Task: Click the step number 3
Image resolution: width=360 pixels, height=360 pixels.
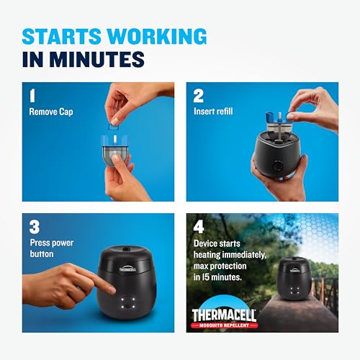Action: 34,226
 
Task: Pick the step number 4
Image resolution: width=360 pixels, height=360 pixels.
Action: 199,226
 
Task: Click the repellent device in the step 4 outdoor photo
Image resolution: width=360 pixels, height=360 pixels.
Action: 296,275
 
